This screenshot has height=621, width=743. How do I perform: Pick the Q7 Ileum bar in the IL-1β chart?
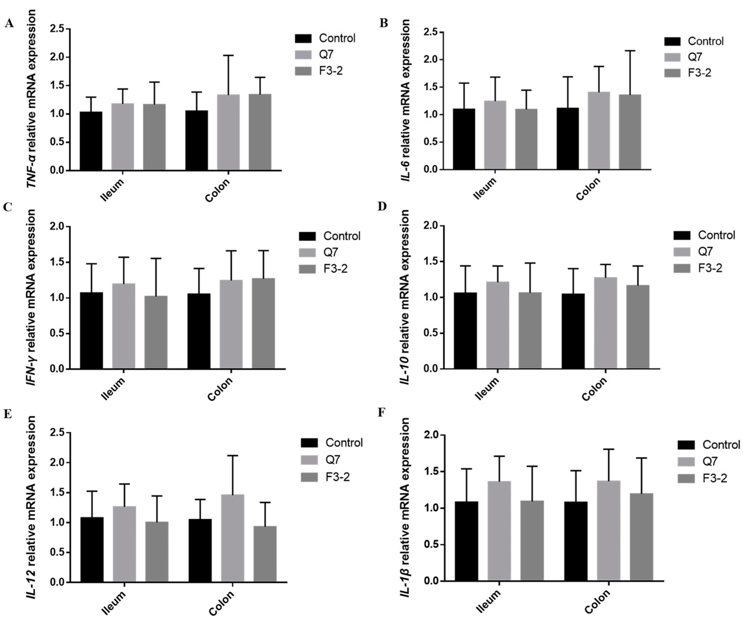coord(499,530)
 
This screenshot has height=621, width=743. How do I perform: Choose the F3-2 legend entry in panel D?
coord(709,268)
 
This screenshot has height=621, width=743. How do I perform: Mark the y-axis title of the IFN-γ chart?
coord(32,297)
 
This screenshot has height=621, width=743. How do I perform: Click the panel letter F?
coord(381,413)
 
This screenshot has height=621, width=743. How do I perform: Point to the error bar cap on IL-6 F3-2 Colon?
coord(630,51)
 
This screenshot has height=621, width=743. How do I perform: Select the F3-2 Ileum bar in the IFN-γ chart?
coord(156,332)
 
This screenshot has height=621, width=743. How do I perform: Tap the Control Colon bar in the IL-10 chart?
coord(573,331)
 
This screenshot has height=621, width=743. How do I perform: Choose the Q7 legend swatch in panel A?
coord(303,54)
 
